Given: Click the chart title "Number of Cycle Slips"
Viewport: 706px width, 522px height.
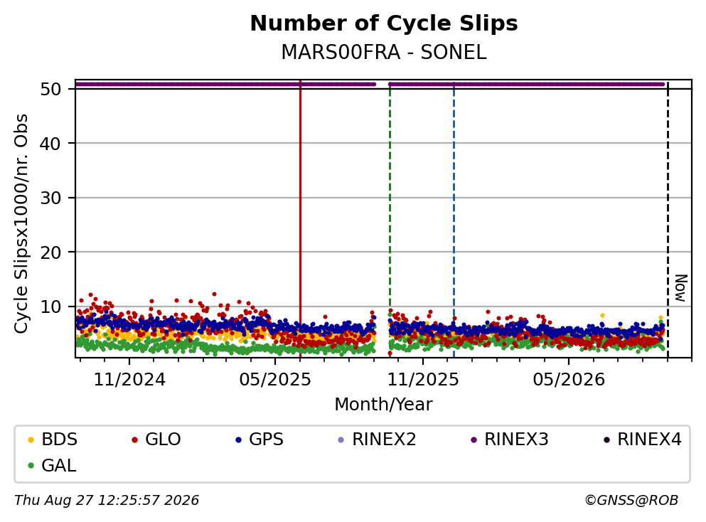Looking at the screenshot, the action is (384, 23).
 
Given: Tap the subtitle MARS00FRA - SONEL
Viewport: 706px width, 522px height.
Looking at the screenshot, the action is (384, 52).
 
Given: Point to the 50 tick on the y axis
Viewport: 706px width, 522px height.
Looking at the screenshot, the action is (50, 89).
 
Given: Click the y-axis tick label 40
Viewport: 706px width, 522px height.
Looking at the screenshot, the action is (50, 144).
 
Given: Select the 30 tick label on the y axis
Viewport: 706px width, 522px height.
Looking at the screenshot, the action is (50, 198).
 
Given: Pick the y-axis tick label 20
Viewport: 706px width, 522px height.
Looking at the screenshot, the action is (50, 252).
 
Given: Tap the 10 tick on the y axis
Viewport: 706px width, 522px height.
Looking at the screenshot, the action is (50, 307).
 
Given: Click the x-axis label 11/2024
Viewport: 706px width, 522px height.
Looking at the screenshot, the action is (129, 380).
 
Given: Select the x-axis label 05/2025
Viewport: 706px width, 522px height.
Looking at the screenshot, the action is (275, 380).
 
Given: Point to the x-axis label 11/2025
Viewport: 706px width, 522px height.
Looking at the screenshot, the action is (423, 380).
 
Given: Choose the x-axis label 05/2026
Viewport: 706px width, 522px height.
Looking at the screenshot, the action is (569, 380).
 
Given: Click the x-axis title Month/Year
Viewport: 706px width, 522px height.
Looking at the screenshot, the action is (383, 405).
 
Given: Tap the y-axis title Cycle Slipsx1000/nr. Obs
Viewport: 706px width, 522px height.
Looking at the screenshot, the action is (21, 224).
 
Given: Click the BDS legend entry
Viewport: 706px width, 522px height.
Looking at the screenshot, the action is (52, 439).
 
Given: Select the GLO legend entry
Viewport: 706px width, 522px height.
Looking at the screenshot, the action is (156, 439).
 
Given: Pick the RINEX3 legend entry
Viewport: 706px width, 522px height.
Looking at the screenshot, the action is (509, 439).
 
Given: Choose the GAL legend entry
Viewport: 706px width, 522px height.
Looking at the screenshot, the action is (52, 465).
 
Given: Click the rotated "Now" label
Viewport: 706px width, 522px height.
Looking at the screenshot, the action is (681, 288).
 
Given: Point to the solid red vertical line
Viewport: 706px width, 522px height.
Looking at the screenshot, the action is (300, 219).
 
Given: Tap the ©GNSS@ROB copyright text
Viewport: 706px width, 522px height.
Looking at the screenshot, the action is (631, 500).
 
